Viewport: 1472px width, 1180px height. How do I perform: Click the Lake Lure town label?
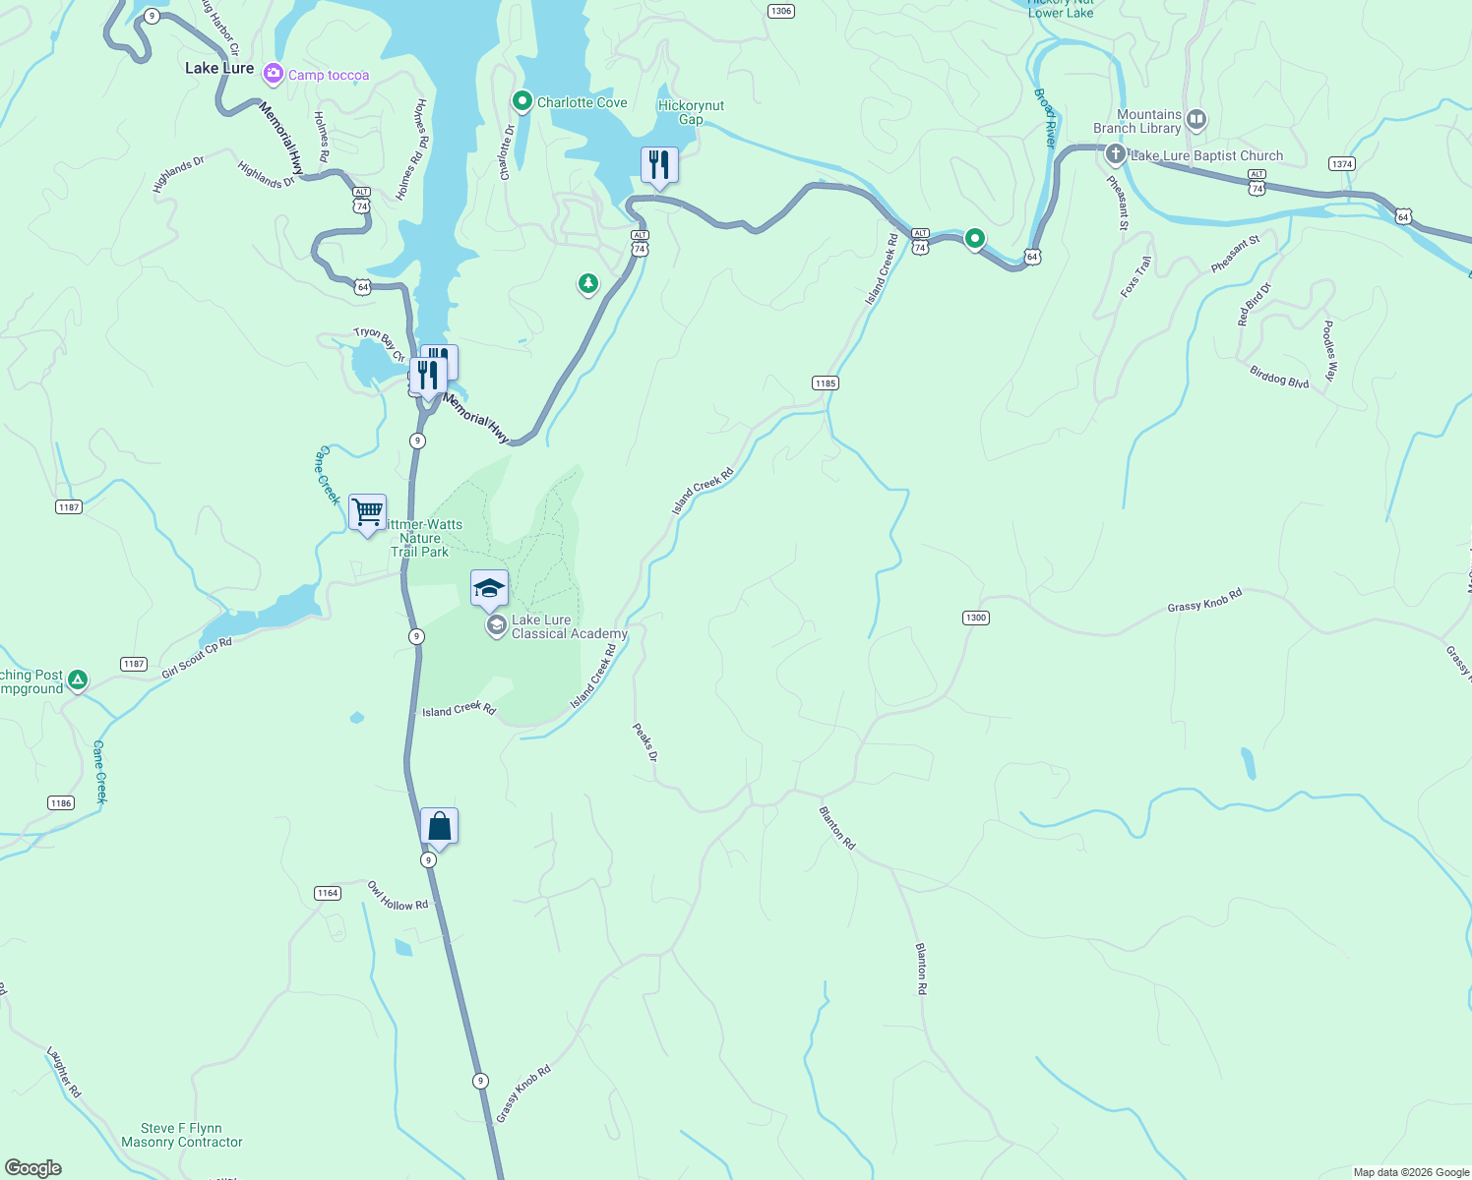tap(219, 68)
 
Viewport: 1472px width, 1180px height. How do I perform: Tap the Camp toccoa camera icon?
tap(274, 75)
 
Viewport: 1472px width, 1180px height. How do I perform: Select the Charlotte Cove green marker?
tap(521, 101)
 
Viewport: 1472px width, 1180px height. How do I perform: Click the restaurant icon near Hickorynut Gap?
tap(659, 165)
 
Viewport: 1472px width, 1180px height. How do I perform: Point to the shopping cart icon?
tap(367, 512)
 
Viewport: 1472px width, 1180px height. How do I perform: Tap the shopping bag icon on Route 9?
tap(439, 827)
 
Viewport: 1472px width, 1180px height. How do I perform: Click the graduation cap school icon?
tap(489, 589)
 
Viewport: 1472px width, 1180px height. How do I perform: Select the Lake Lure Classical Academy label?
tap(569, 627)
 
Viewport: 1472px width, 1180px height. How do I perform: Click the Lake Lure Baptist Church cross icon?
tap(1115, 154)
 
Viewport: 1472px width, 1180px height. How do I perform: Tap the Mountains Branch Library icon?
tap(1196, 120)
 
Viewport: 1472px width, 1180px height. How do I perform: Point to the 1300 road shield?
tap(975, 618)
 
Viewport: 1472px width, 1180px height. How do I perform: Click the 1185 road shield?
tap(825, 383)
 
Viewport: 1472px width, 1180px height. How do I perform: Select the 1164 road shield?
tap(328, 893)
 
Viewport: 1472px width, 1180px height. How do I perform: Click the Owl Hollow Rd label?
tap(398, 896)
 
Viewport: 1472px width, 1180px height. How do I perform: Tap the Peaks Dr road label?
tap(644, 742)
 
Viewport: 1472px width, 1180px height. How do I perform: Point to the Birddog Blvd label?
tap(1279, 378)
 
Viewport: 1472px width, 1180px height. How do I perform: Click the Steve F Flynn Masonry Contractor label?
tap(181, 1135)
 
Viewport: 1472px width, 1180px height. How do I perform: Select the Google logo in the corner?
tap(33, 1168)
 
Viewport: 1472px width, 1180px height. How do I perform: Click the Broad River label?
tap(1045, 118)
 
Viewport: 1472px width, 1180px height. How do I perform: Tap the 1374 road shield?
tap(1342, 163)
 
